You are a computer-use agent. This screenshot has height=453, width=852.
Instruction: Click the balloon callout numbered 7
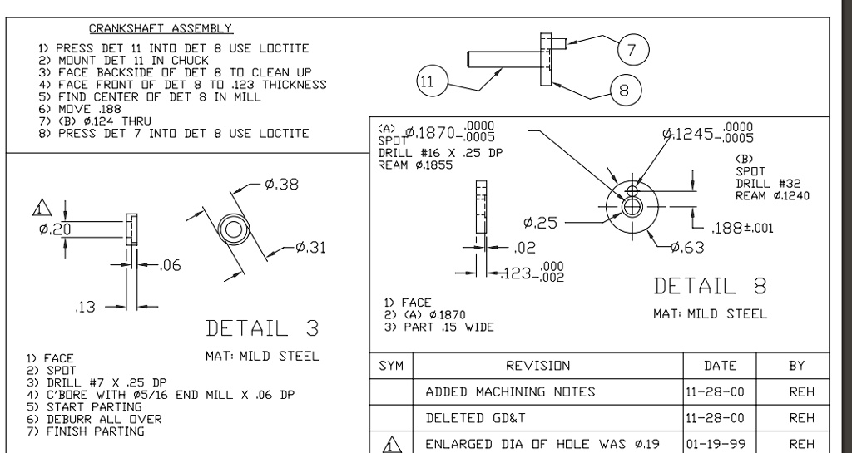point(632,50)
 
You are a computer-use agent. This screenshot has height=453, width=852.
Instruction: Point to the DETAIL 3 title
point(263,327)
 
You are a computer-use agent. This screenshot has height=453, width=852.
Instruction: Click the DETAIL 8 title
point(710,286)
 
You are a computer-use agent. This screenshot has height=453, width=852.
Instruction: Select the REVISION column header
point(547,365)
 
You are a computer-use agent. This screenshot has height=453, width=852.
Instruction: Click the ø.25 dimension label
point(540,223)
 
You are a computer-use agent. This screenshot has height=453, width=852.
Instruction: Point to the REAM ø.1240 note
point(772,195)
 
